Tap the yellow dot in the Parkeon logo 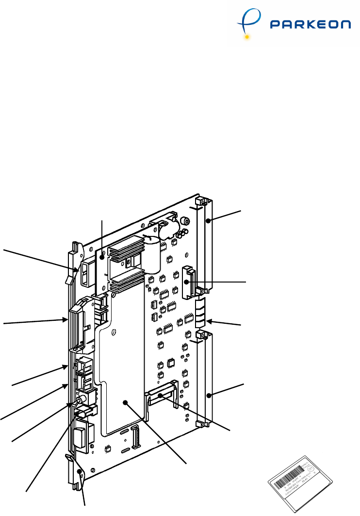247,36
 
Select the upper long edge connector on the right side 207,243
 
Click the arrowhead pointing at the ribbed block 209,320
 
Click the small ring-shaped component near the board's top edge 184,222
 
